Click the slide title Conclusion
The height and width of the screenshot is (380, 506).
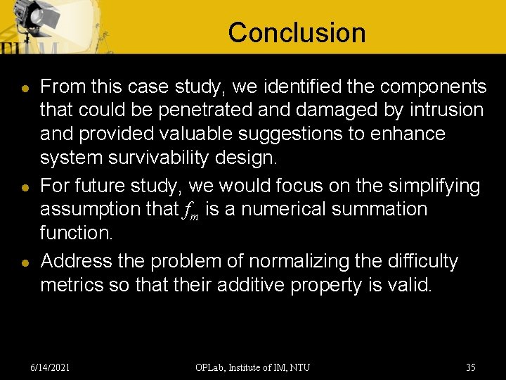(x=297, y=32)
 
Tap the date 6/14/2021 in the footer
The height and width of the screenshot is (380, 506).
(x=50, y=367)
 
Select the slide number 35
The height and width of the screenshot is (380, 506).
(x=470, y=367)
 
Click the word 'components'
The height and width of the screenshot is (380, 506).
(x=433, y=87)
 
